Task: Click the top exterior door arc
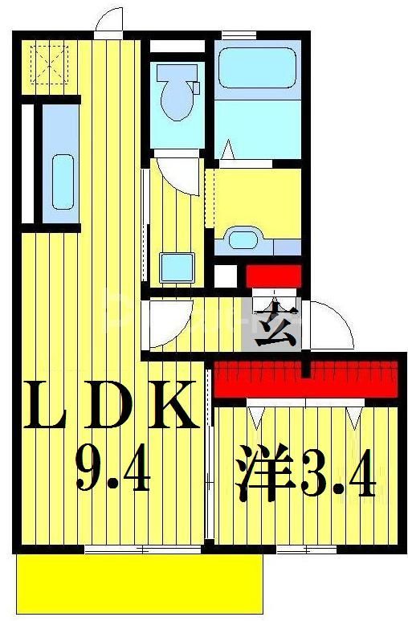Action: click(x=108, y=22)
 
